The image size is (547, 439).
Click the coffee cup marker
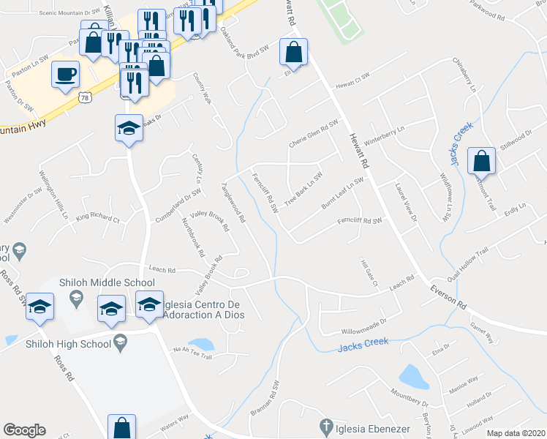66,73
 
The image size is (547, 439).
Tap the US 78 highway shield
86,97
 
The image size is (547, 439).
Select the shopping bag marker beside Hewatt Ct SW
293,53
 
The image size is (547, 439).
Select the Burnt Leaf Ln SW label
342,192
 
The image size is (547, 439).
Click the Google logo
24,430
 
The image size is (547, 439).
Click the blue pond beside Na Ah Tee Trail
200,343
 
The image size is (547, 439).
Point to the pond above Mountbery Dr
415,377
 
